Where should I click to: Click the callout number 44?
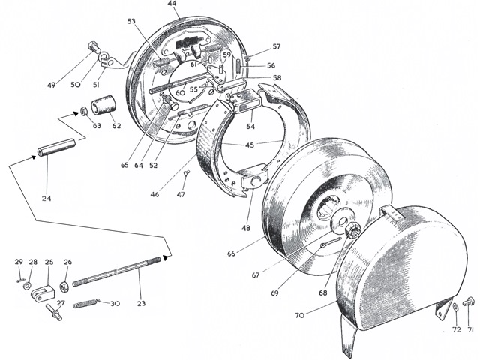point(172,4)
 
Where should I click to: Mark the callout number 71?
point(471,329)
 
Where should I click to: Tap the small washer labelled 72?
point(455,309)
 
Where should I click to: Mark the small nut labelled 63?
point(85,112)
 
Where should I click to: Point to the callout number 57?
point(277,46)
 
